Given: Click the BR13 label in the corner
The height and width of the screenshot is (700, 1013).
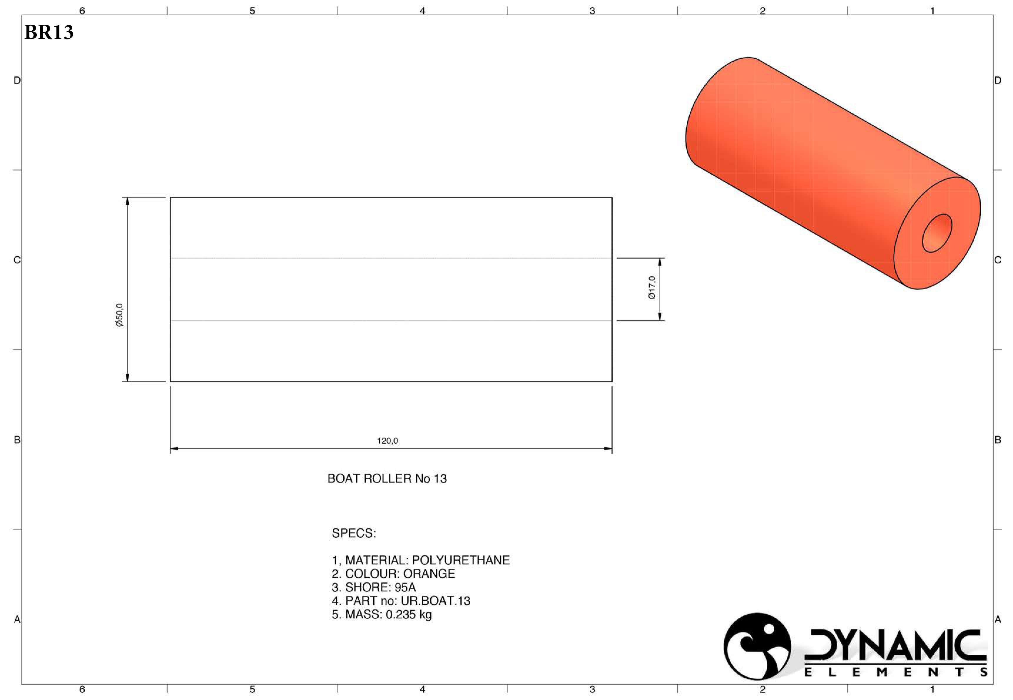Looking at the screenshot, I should coord(49,32).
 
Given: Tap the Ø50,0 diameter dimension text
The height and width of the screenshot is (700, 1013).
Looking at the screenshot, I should coord(119,315).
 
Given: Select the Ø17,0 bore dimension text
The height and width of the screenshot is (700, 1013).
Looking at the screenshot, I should coord(652,288).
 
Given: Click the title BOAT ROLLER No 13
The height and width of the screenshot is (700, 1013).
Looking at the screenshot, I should coord(387,479).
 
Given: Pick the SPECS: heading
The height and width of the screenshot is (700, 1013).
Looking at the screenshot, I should coord(353,533).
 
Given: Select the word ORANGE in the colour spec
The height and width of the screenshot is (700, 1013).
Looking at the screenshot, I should coord(429,574).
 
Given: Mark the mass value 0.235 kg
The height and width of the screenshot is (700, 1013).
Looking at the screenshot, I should coord(408,614).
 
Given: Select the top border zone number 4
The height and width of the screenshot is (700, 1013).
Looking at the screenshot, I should coord(422,11).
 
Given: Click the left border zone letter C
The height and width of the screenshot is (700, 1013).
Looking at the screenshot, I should coord(17,260).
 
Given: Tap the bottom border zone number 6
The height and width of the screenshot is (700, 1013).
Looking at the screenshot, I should coord(82,689).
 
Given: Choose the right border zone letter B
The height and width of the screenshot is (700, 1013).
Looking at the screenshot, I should coord(998,440).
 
